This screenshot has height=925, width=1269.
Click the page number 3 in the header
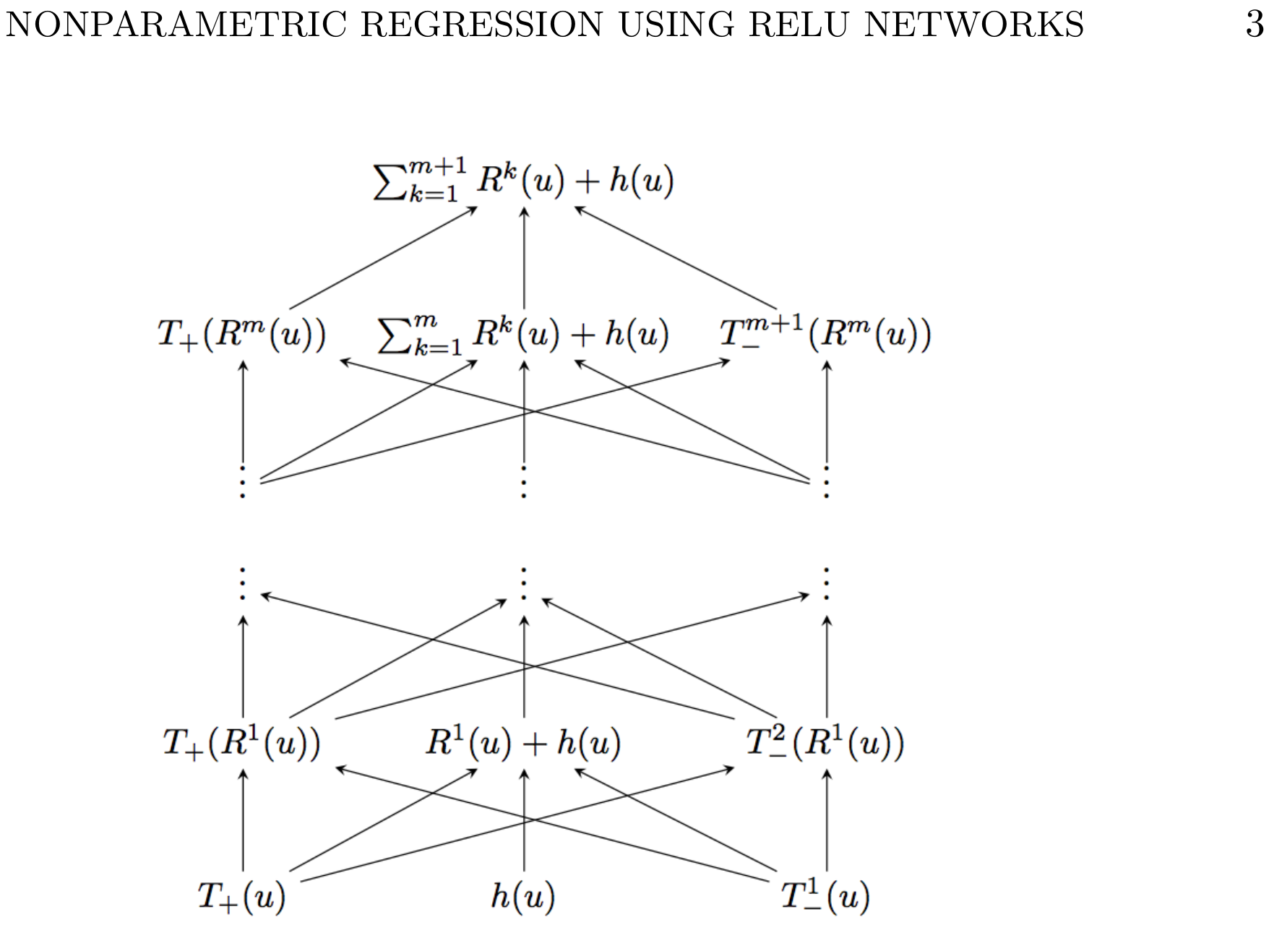pos(1255,25)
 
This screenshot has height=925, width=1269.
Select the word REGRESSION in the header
pos(481,25)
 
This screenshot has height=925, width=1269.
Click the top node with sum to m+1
pos(523,180)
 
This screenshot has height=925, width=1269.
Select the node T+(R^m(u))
pos(242,335)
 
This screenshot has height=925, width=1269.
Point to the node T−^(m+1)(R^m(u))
pos(825,334)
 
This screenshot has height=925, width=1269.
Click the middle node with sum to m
pos(523,335)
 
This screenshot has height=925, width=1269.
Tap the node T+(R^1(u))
pos(242,743)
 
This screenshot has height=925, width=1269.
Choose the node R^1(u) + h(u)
pos(523,743)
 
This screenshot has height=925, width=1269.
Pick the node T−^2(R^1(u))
pos(825,742)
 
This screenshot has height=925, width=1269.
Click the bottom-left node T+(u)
pos(242,897)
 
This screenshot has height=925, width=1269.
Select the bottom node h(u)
pos(523,897)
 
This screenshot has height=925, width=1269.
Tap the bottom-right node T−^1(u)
pos(825,896)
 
